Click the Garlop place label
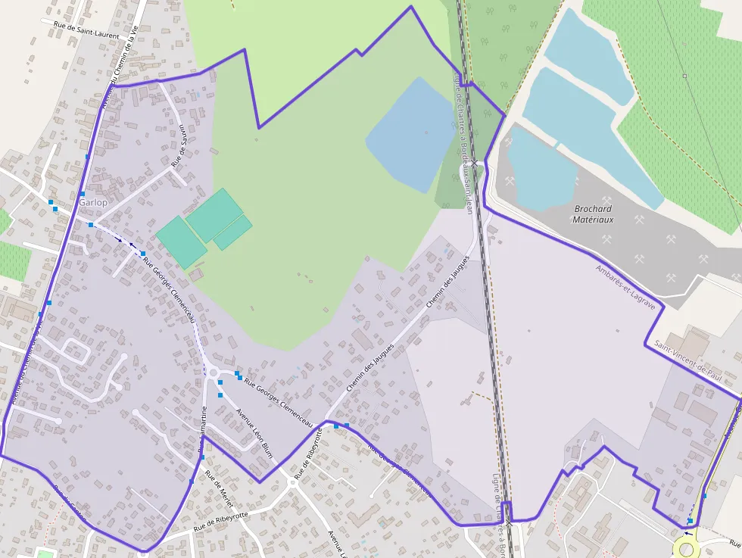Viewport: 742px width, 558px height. coord(93,203)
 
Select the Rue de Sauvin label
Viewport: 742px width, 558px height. coord(179,145)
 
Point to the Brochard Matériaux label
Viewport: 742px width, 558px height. coord(594,214)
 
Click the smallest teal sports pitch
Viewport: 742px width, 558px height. coord(232,233)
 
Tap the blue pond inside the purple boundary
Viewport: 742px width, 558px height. coord(410,134)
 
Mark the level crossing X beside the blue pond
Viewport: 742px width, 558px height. coord(474,162)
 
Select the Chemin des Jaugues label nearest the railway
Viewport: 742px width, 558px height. coord(447,281)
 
